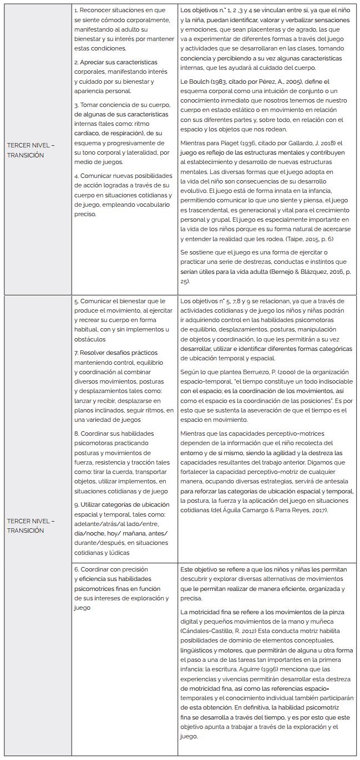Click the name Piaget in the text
228,143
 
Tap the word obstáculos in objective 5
91,339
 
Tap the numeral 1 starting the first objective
75,11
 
